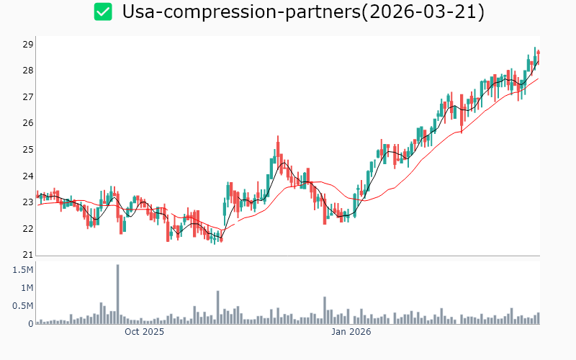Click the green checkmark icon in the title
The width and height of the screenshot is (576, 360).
[104, 12]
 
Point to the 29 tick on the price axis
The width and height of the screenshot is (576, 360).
[27, 45]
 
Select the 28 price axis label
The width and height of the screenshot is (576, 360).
[27, 71]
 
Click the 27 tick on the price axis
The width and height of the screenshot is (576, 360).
[27, 97]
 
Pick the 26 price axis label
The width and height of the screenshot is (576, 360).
[27, 123]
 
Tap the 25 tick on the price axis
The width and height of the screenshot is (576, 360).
[27, 150]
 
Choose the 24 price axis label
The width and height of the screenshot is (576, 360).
[27, 176]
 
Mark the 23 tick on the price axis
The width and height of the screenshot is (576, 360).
[27, 202]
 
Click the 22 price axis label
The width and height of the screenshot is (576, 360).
[27, 229]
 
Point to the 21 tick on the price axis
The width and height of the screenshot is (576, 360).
[27, 255]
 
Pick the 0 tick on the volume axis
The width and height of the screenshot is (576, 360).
[31, 324]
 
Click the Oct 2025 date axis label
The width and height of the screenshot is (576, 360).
[144, 332]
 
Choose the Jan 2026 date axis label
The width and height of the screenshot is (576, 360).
[351, 332]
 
